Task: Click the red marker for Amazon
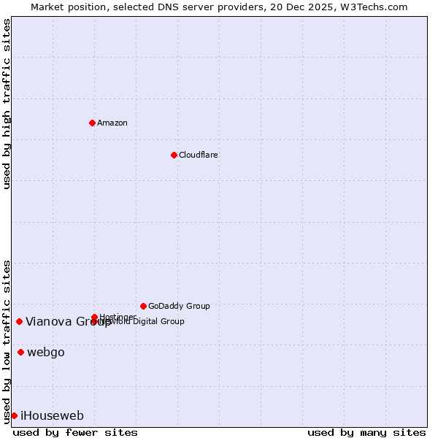[92, 123]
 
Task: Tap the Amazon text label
[112, 123]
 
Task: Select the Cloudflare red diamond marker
[174, 155]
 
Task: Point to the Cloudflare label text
[199, 155]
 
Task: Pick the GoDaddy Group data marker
[143, 306]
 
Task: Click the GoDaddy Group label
[179, 306]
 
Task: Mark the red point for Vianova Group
[19, 321]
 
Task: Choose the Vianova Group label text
[68, 321]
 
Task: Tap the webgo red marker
[20, 353]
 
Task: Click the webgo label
[46, 353]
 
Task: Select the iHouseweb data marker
[14, 415]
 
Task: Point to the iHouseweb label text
[53, 416]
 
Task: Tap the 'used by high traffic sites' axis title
[7, 104]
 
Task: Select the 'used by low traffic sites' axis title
[7, 341]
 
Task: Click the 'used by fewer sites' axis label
[75, 432]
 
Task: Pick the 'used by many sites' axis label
[366, 432]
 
